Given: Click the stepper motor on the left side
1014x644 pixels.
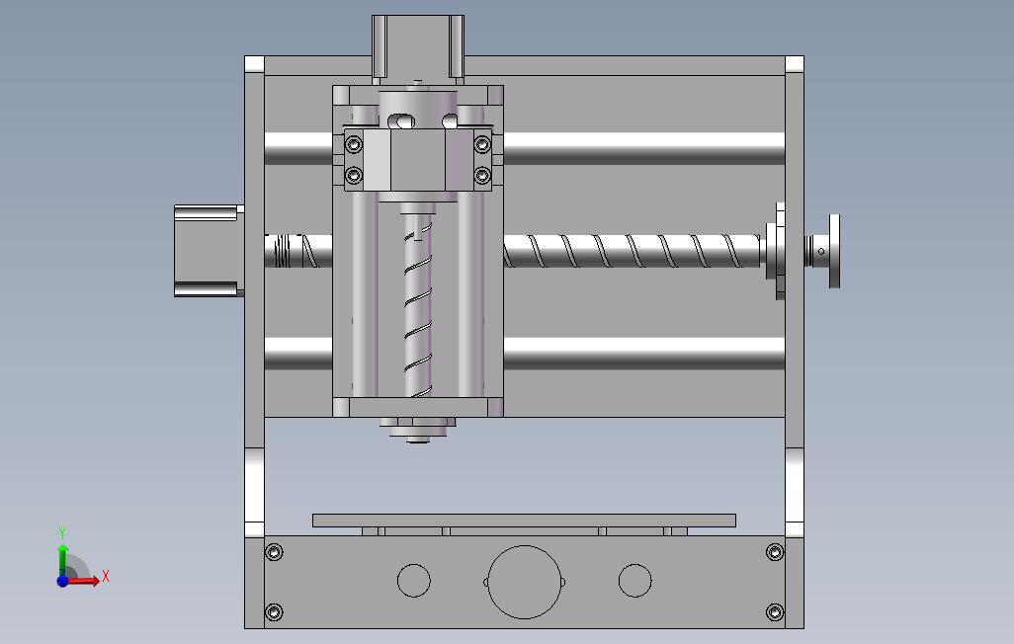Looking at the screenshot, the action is click(209, 251).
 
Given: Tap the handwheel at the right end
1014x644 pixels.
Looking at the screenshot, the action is click(833, 251).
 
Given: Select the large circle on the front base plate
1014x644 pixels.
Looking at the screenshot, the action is click(525, 582).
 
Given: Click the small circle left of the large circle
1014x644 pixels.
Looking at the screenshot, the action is click(414, 580).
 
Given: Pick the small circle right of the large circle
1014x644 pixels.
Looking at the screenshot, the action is click(635, 580).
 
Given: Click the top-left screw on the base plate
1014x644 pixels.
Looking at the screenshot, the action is click(274, 552).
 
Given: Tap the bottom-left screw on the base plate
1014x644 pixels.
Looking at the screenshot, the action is click(274, 611).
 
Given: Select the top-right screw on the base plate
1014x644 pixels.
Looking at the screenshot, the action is click(775, 551).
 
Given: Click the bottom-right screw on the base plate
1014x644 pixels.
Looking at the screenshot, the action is click(775, 611).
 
